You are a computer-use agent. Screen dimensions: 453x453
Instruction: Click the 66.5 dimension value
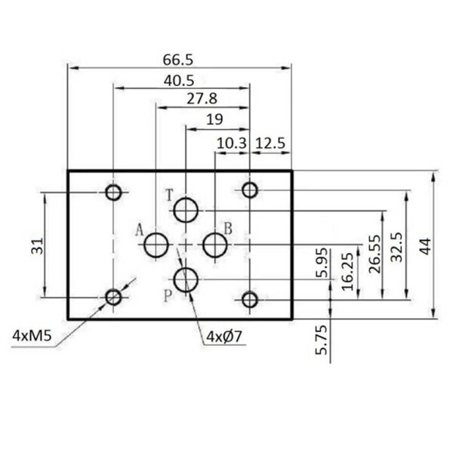(180, 60)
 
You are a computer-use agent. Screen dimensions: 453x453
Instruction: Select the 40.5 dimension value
(180, 79)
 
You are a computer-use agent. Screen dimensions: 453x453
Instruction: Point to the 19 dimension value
(214, 119)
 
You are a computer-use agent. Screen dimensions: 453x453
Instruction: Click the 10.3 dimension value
(233, 143)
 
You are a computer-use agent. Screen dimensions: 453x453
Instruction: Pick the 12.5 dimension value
(270, 143)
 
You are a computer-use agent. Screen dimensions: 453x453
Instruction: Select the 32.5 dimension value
(397, 245)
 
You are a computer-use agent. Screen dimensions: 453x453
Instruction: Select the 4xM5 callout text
(32, 335)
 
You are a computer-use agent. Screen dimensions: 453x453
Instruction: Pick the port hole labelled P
(185, 280)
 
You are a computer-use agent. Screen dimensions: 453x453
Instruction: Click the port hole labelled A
(157, 245)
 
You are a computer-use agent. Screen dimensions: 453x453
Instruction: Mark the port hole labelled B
(215, 245)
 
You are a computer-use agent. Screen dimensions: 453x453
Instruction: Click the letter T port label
(170, 196)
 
